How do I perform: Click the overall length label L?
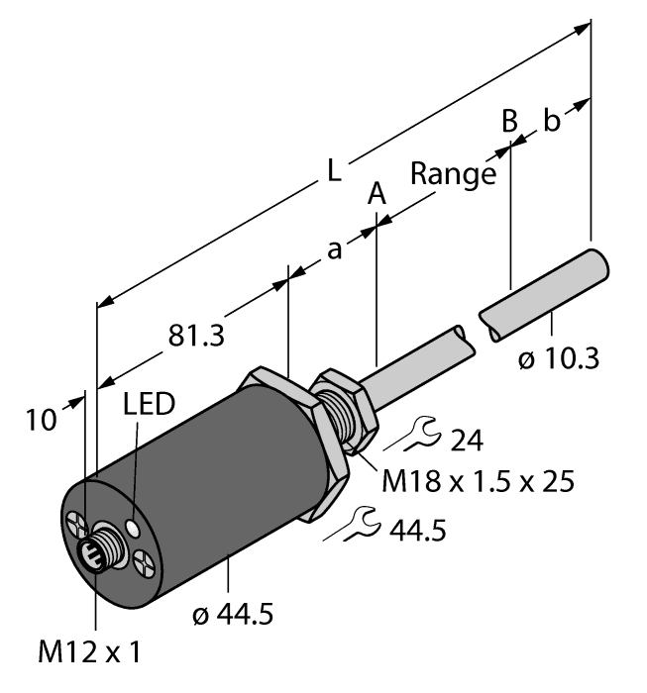(335, 170)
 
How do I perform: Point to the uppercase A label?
(377, 194)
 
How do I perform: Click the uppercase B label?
(508, 121)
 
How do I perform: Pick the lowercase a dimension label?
(335, 250)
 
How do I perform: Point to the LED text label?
(149, 405)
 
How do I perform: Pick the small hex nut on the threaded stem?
(342, 407)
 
